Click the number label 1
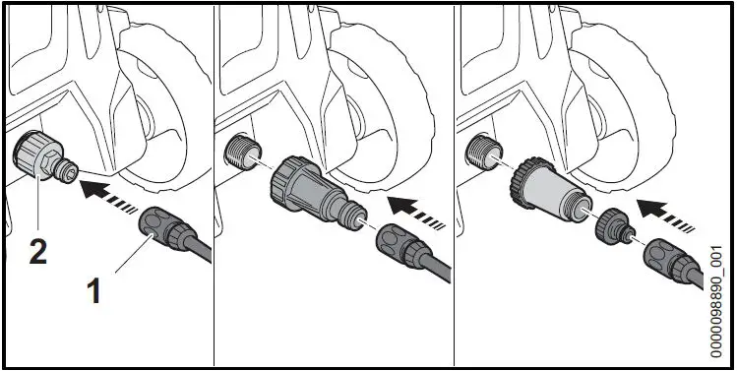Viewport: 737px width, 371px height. click(x=94, y=292)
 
